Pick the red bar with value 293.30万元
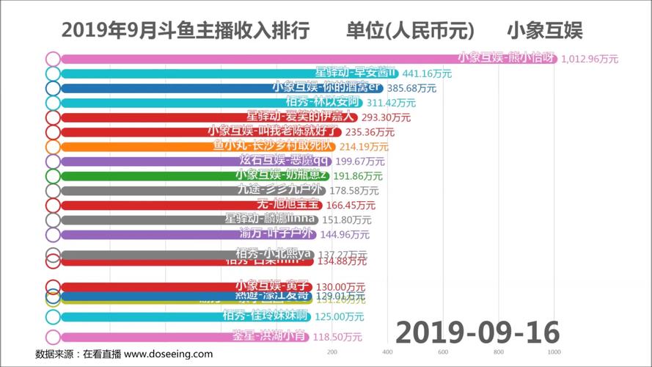click(205, 117)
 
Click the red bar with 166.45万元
click(183, 206)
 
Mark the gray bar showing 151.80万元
click(183, 219)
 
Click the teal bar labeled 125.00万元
click(183, 317)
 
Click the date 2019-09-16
click(477, 332)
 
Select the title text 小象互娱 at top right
click(544, 30)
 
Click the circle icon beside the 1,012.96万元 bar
click(53, 59)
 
